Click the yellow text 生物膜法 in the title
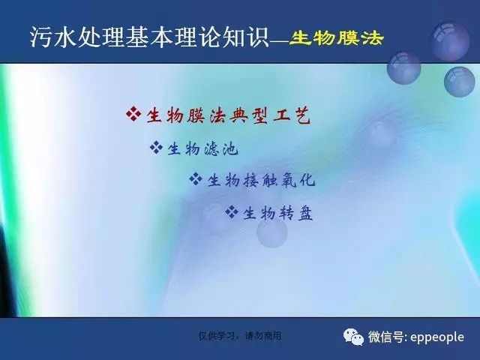(x=336, y=38)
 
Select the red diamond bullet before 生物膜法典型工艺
(x=133, y=113)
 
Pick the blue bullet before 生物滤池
(x=156, y=147)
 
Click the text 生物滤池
(x=202, y=149)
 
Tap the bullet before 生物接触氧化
(x=196, y=179)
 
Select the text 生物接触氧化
(x=261, y=179)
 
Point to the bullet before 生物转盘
(x=232, y=211)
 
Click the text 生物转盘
(x=278, y=213)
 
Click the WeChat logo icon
(x=353, y=337)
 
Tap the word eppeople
(x=436, y=337)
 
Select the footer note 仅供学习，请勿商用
(x=240, y=336)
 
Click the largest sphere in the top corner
(x=450, y=41)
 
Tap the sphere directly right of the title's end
(x=403, y=68)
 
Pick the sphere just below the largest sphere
(x=460, y=82)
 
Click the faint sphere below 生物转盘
(x=271, y=232)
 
